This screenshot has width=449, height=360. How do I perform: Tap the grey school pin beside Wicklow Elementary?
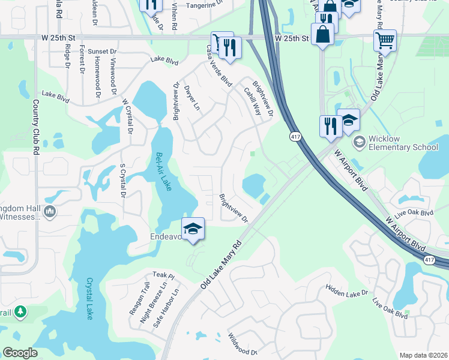point(359,142)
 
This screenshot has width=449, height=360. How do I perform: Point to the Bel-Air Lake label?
point(163,171)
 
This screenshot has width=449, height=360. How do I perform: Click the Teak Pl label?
point(162,275)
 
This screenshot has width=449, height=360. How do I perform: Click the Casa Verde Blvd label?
point(218,65)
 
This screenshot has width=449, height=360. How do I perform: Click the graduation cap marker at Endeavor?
point(193,229)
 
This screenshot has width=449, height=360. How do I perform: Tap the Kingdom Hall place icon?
point(49,211)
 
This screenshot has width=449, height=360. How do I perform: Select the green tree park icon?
point(20,311)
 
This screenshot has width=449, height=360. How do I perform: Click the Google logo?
point(20,353)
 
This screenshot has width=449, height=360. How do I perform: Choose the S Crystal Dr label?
point(122,180)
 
